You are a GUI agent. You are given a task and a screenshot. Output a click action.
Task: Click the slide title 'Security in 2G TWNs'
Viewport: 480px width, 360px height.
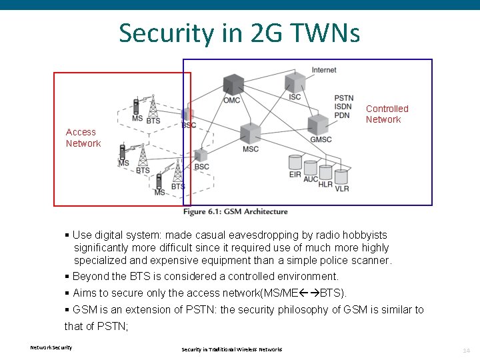pyautogui.click(x=239, y=32)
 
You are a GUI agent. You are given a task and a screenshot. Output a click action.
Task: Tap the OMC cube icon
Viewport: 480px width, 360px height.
pyautogui.click(x=233, y=85)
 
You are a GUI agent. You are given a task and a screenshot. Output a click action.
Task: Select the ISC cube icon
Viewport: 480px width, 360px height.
pyautogui.click(x=295, y=82)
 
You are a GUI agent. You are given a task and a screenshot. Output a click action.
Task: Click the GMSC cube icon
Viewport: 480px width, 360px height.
pyautogui.click(x=319, y=124)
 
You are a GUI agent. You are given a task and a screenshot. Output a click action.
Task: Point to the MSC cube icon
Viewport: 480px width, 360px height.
pyautogui.click(x=250, y=133)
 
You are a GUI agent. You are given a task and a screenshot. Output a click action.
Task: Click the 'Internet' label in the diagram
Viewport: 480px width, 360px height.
pyautogui.click(x=324, y=69)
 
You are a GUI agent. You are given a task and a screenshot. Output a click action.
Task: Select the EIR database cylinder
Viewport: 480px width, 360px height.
pyautogui.click(x=295, y=163)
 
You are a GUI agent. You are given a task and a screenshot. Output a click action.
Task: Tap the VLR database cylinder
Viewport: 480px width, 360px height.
pyautogui.click(x=341, y=177)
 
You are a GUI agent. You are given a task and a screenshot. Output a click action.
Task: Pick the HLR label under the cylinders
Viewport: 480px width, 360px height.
pyautogui.click(x=325, y=185)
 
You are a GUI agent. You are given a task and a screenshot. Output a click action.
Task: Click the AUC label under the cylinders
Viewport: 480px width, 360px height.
pyautogui.click(x=311, y=179)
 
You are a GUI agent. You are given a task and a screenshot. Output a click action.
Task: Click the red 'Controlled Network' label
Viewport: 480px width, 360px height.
pyautogui.click(x=387, y=114)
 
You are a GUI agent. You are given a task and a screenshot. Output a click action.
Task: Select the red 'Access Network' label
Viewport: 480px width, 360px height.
pyautogui.click(x=83, y=138)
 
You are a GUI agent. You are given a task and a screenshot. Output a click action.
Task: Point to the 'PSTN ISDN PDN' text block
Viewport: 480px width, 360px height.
pyautogui.click(x=343, y=107)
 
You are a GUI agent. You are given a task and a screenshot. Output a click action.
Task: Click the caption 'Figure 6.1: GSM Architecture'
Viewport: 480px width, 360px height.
pyautogui.click(x=235, y=212)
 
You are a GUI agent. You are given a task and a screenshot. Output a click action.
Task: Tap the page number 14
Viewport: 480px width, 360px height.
pyautogui.click(x=466, y=350)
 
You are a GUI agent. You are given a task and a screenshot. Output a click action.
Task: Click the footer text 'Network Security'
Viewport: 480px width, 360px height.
pyautogui.click(x=51, y=347)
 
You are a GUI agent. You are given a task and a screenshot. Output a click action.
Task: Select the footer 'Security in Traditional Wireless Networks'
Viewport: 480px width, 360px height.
pyautogui.click(x=231, y=349)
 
